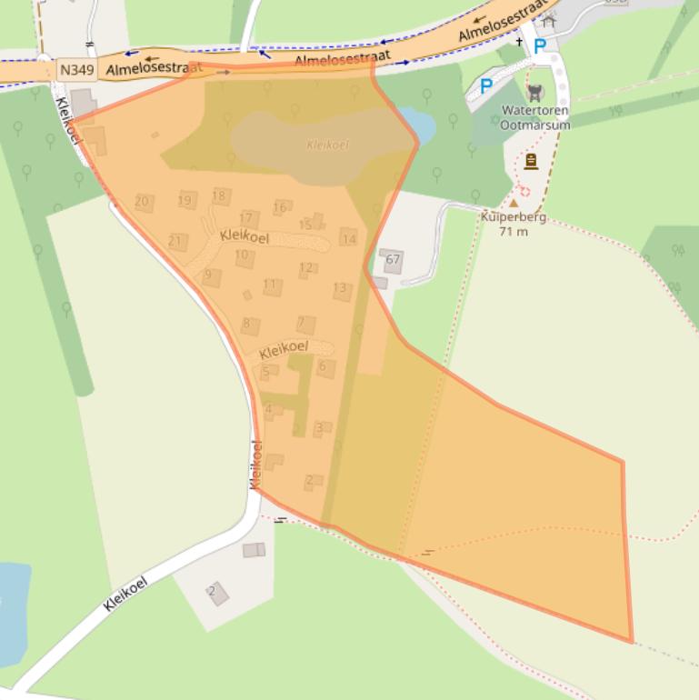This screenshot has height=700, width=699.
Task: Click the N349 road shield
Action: [x=76, y=69]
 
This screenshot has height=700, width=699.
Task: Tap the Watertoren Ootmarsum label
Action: [x=536, y=117]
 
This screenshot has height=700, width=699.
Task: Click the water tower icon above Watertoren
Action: [x=535, y=91]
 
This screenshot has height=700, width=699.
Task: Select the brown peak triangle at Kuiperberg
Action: [x=514, y=204]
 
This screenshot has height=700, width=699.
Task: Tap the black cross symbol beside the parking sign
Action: [x=521, y=42]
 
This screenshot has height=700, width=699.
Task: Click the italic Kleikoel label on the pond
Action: [x=328, y=145]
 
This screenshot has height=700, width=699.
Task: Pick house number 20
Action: [x=142, y=202]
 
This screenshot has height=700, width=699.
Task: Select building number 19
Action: [x=185, y=201]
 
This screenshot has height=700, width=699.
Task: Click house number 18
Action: [x=219, y=195]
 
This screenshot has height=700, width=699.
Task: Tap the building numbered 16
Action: [x=280, y=207]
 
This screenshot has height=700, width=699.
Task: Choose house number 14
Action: [x=348, y=238]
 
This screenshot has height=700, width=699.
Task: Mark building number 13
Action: [x=340, y=289]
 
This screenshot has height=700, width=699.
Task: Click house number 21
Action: [x=176, y=242]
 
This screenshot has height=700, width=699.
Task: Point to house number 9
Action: [x=209, y=275]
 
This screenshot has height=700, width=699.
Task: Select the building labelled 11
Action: [x=270, y=285]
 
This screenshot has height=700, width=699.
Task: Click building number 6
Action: [x=323, y=366]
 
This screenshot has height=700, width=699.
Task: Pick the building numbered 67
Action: [x=393, y=260]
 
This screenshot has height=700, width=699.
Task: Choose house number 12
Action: [x=307, y=268]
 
